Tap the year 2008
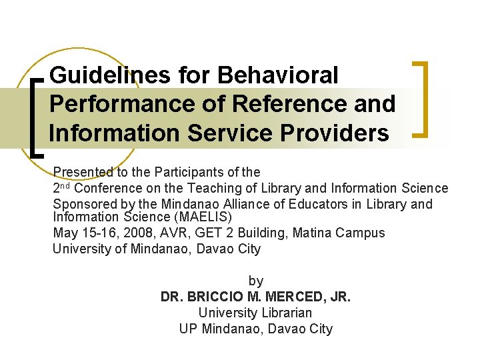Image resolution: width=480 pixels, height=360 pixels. pos(136,233)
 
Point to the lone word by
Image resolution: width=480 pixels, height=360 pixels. pos(255,281)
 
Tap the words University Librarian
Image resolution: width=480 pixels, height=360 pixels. pos(255,313)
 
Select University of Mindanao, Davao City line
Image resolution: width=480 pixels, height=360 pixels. pos(157,249)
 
